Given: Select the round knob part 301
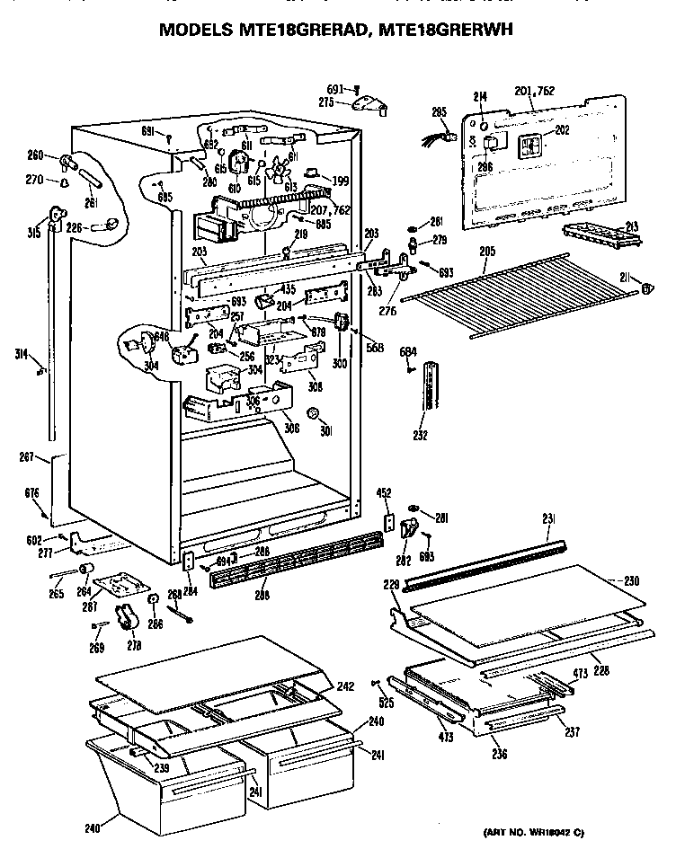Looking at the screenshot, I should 314,413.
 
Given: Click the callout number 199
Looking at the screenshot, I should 341,181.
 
